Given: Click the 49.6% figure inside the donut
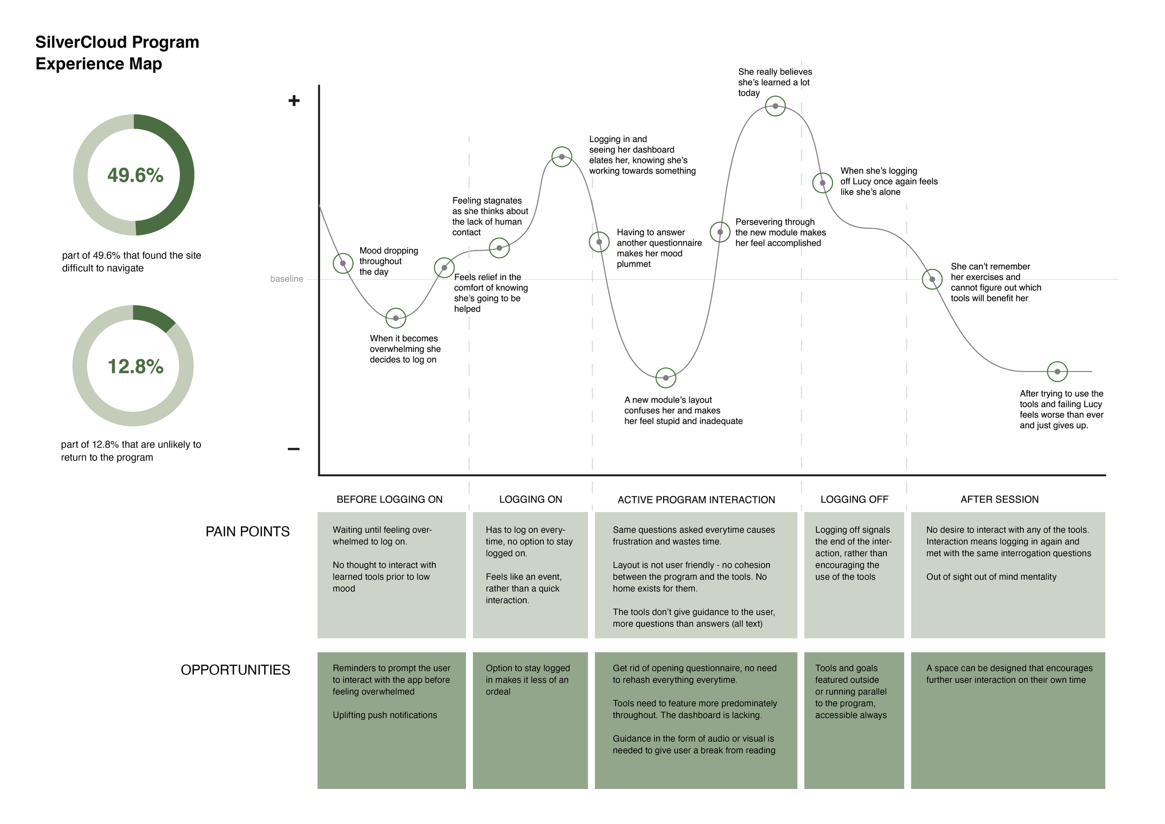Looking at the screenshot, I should tap(135, 175).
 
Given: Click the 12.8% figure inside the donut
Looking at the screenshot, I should tap(135, 366).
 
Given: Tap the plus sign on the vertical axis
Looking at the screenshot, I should tap(294, 101).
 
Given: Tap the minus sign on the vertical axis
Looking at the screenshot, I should tap(293, 448).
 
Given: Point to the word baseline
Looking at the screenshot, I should tap(287, 279).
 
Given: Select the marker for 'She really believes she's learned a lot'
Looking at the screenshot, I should tap(775, 106).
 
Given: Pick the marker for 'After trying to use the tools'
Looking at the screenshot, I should tap(1057, 371).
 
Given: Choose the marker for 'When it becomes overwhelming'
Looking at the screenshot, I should tap(396, 318).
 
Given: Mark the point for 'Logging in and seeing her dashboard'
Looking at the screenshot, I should tap(562, 157).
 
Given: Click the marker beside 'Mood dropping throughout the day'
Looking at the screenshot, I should tap(343, 263).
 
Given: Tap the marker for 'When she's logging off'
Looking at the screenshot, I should tap(822, 183).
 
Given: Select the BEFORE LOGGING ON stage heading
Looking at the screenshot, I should tap(389, 499).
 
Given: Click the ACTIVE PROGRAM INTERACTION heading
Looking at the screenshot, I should tap(696, 500).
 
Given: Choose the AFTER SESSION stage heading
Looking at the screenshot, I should tap(999, 499).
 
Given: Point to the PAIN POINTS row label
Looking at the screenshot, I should tap(247, 531).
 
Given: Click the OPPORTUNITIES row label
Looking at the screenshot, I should tap(235, 670).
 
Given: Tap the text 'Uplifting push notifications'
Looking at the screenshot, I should tap(384, 715).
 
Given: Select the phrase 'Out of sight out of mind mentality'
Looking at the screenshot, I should tap(991, 577).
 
